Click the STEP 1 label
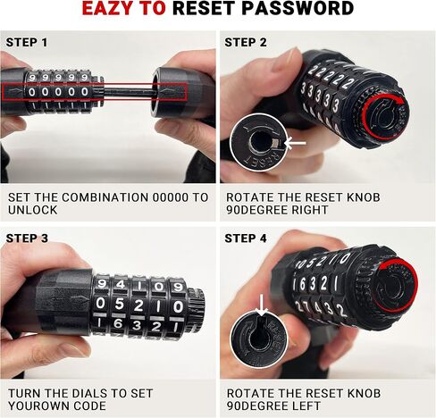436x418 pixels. [27, 43]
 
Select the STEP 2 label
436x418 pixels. [246, 43]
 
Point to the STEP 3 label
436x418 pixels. [27, 238]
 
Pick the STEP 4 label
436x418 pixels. [246, 238]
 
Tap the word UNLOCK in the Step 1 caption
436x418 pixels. [32, 210]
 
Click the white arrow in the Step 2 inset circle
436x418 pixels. [296, 144]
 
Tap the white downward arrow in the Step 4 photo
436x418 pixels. [262, 305]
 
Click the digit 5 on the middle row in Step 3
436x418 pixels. [119, 305]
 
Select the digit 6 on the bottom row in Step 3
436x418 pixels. [118, 323]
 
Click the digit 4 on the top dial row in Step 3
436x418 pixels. [120, 285]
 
